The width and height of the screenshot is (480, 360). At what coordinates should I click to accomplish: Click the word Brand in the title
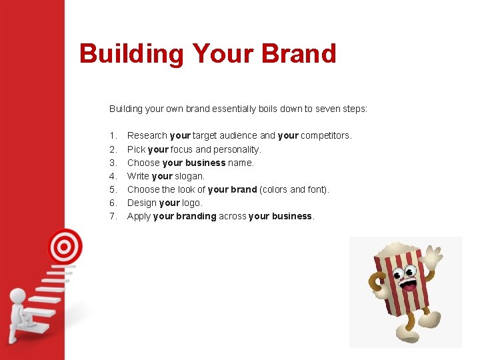[x=299, y=53]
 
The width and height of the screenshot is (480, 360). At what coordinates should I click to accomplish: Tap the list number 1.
[x=113, y=136]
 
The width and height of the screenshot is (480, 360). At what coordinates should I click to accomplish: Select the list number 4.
[x=113, y=176]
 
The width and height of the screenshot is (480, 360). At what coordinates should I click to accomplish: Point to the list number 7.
[x=113, y=216]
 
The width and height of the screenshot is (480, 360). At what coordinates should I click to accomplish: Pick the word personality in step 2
[x=237, y=149]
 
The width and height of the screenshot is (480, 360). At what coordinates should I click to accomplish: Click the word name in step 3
[x=241, y=163]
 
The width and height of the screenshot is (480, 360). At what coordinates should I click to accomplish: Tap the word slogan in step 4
[x=190, y=176]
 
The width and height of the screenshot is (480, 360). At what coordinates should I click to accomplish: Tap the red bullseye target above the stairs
[x=64, y=247]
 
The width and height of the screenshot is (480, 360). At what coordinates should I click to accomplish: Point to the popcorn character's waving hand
[x=434, y=257]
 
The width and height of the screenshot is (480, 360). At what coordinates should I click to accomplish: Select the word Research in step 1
[x=147, y=136]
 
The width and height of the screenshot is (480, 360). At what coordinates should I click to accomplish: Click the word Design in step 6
[x=141, y=203]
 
